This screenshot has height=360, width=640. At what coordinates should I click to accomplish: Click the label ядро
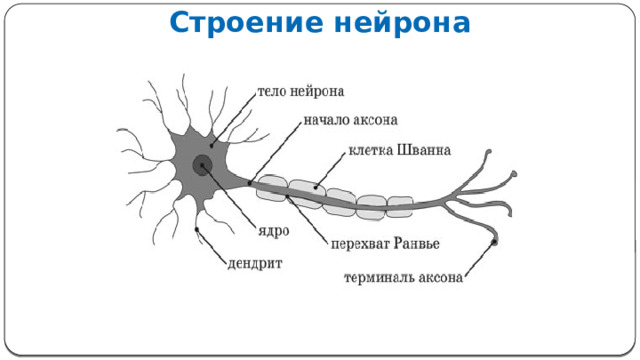coord(274,231)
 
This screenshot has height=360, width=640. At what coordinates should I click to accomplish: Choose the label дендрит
coord(256,264)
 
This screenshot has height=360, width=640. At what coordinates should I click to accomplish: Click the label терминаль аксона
coord(403,278)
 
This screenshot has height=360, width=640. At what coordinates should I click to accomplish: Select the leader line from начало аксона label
coord(276,151)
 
